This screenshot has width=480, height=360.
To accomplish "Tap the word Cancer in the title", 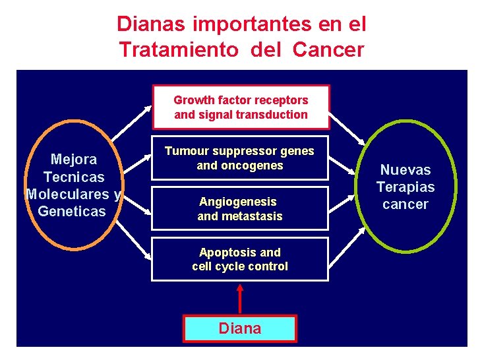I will [x=328, y=49].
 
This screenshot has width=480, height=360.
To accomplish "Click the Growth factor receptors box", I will [x=241, y=107].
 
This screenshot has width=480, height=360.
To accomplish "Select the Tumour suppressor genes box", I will [x=239, y=158].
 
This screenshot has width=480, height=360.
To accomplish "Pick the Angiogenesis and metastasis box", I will [x=239, y=208].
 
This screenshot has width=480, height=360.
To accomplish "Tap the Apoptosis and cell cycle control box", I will [x=239, y=259].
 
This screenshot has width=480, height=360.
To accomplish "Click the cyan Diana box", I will [x=240, y=328].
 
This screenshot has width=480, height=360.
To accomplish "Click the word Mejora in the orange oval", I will [x=74, y=160].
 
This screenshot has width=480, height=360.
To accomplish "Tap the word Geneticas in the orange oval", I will [x=72, y=212].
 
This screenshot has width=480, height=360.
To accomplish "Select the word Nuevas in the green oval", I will [x=405, y=170].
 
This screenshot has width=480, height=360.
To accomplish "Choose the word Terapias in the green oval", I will [x=405, y=187].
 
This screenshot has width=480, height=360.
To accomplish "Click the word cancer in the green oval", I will [x=405, y=204].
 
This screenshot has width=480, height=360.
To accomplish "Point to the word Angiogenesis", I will [x=238, y=202].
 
